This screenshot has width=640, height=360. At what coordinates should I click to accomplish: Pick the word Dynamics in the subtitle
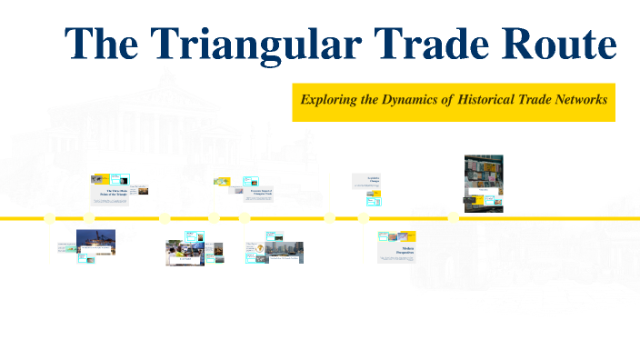[415, 100]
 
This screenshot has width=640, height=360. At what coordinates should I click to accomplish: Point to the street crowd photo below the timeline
[182, 251]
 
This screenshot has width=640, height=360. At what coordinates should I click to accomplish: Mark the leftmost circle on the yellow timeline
[51, 217]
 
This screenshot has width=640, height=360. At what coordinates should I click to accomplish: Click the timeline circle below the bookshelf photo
[453, 217]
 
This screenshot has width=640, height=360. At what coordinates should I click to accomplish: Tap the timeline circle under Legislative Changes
[363, 217]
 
